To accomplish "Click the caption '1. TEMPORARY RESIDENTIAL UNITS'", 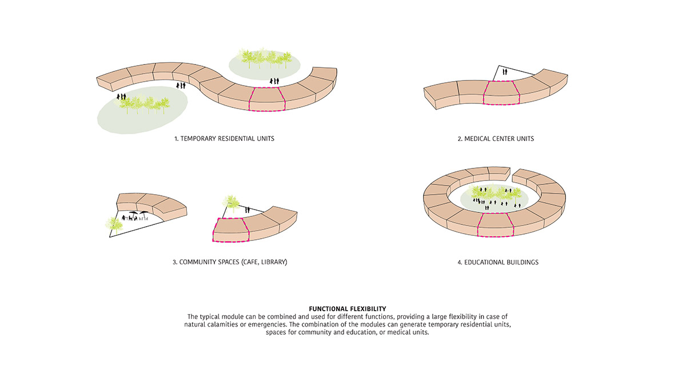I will click(x=224, y=139).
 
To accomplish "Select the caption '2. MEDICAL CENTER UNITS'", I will click(x=496, y=139).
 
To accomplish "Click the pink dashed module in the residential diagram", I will click(x=267, y=99).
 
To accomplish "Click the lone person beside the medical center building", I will click(x=505, y=71).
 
